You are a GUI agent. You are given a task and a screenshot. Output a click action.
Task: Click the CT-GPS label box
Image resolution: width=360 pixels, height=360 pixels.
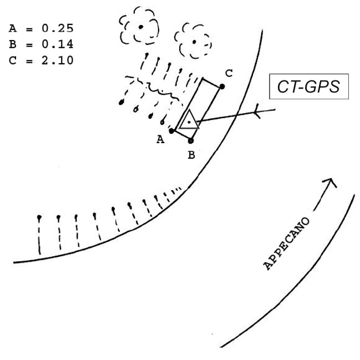tap(308, 87)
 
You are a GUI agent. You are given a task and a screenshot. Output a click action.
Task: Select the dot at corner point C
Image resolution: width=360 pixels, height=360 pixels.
tap(222, 87)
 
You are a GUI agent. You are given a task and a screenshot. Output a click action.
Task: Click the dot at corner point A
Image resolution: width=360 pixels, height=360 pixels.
tap(173, 131)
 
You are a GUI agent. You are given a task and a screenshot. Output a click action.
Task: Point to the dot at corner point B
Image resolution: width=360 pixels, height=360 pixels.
tap(191, 141)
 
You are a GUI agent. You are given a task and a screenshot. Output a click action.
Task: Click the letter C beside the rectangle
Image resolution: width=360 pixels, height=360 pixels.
tap(229, 73)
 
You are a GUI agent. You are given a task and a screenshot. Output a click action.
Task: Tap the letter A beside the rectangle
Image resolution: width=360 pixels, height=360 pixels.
tap(161, 140)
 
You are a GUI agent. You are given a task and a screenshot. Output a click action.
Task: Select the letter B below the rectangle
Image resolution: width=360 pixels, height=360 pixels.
tap(191, 155)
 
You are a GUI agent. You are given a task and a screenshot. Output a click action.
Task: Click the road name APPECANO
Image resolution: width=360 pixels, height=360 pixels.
tap(287, 244)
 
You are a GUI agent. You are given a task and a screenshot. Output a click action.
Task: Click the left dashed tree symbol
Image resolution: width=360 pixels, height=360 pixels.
tap(140, 26)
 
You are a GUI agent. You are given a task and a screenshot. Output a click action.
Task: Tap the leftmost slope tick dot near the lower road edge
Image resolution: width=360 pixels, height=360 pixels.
tap(39, 216)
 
